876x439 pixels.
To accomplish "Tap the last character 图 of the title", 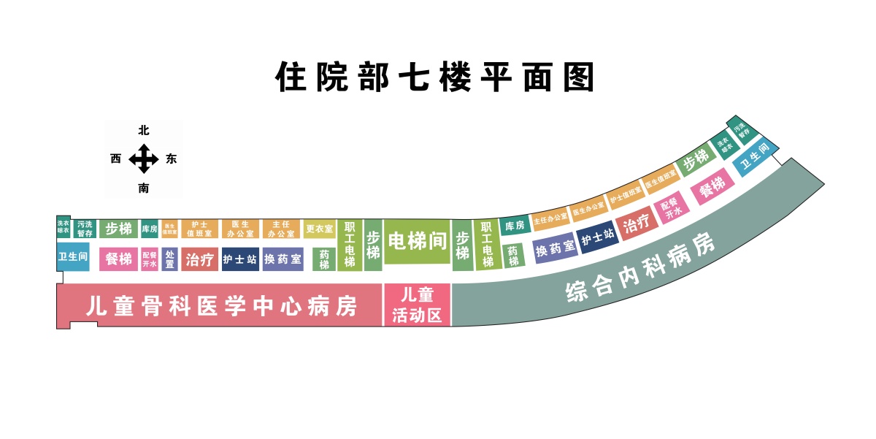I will (x=578, y=77).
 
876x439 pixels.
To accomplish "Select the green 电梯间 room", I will (x=417, y=241).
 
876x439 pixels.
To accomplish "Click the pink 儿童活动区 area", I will (x=417, y=305).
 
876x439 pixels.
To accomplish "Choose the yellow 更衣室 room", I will (x=319, y=229).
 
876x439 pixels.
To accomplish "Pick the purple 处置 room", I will (x=169, y=259).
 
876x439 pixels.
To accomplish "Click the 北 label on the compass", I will (x=144, y=131).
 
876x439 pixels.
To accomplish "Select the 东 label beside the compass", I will (x=172, y=159).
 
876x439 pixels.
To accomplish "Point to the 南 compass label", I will (x=144, y=188).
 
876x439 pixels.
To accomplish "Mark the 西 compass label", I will (x=116, y=159).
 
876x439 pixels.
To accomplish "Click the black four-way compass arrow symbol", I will (x=144, y=159).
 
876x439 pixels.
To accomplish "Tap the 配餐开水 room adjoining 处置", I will (x=149, y=259).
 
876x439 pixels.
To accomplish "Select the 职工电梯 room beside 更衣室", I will (x=350, y=245).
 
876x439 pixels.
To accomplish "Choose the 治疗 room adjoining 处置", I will (x=199, y=259).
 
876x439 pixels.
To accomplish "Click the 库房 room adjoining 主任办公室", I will (x=515, y=226).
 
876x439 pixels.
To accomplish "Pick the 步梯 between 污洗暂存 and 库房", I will (x=118, y=229).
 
